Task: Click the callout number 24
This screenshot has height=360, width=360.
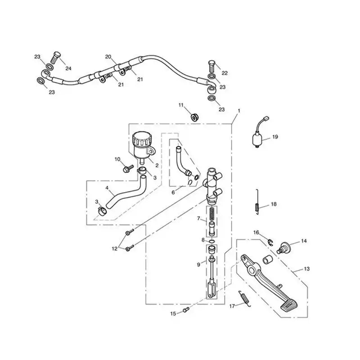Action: coord(68,68)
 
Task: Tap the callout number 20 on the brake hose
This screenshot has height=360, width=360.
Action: coord(108,57)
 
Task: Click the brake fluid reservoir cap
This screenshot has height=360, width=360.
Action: coord(142,138)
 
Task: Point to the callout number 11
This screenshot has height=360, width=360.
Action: coord(181,105)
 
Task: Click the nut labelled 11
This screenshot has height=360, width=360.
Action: coord(195,117)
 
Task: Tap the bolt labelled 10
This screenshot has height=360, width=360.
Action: coord(128,169)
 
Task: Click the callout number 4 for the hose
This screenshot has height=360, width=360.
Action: coord(107,188)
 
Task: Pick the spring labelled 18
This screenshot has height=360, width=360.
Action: coord(257,202)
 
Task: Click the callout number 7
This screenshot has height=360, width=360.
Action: coord(198,218)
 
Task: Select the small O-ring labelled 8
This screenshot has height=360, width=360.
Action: coord(212,241)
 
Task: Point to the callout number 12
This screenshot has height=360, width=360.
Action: coord(115,248)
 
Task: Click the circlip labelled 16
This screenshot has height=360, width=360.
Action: coord(270,242)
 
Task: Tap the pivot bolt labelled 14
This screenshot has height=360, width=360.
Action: coord(285,248)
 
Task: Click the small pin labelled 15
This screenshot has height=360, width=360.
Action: coord(186,310)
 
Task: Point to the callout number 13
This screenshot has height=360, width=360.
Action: coord(307,269)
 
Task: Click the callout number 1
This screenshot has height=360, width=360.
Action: coord(239,111)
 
